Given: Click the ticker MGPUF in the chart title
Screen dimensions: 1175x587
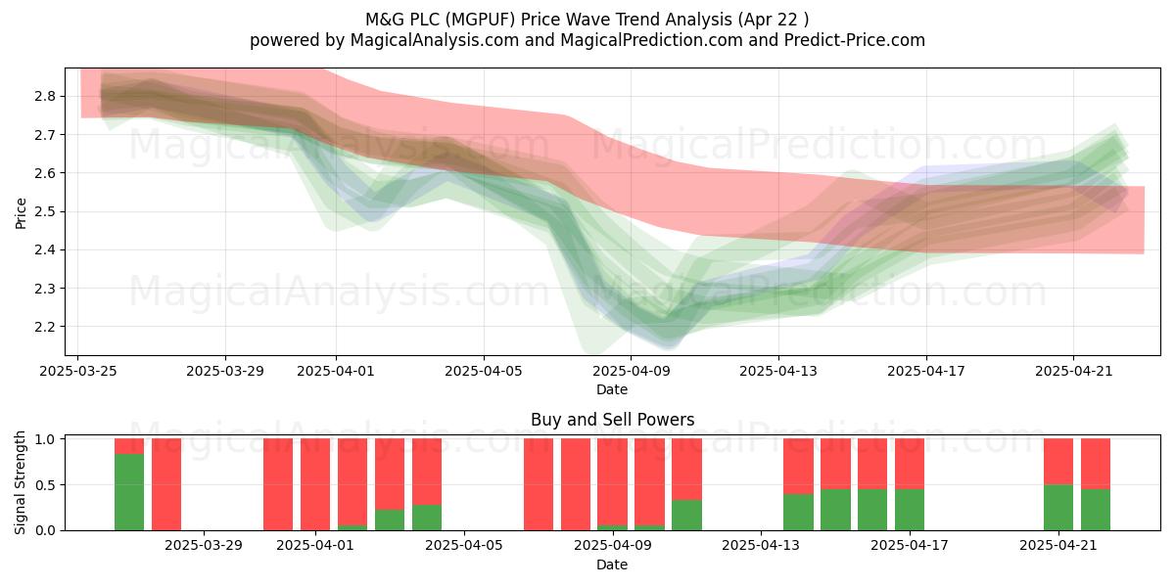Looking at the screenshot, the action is [480, 20].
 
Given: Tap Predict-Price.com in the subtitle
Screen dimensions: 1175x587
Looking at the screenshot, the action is [855, 40].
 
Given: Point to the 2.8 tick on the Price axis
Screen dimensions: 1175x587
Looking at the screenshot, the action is [45, 97].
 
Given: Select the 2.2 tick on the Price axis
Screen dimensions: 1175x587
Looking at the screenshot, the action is [45, 327].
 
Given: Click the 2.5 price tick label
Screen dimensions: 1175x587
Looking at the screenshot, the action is [45, 211].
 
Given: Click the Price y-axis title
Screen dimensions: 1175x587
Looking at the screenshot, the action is [21, 213].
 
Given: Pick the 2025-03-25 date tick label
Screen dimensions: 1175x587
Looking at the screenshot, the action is [78, 371].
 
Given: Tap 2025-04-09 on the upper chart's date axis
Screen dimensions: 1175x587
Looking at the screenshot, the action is [631, 371].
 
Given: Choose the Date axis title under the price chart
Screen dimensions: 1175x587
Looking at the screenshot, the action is [612, 389].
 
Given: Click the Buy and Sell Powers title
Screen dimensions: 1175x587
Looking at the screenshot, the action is [612, 420].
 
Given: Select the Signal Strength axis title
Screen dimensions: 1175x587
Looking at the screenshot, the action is [21, 482].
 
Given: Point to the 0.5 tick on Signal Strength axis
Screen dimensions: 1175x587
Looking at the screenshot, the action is [45, 485].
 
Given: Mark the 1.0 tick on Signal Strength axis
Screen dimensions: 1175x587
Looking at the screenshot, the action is [45, 439].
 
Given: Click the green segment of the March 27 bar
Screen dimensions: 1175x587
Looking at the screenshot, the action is [129, 492].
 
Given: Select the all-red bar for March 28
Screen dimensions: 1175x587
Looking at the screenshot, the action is [166, 484].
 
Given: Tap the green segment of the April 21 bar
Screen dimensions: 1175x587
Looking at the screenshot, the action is [1058, 508].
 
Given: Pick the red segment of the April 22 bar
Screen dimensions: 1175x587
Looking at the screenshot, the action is [1096, 464].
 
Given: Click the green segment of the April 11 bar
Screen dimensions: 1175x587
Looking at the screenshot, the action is [686, 516].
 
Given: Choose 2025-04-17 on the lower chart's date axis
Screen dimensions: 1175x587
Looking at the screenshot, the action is [910, 546].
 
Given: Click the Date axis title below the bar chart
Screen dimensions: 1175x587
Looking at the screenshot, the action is [612, 564].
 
